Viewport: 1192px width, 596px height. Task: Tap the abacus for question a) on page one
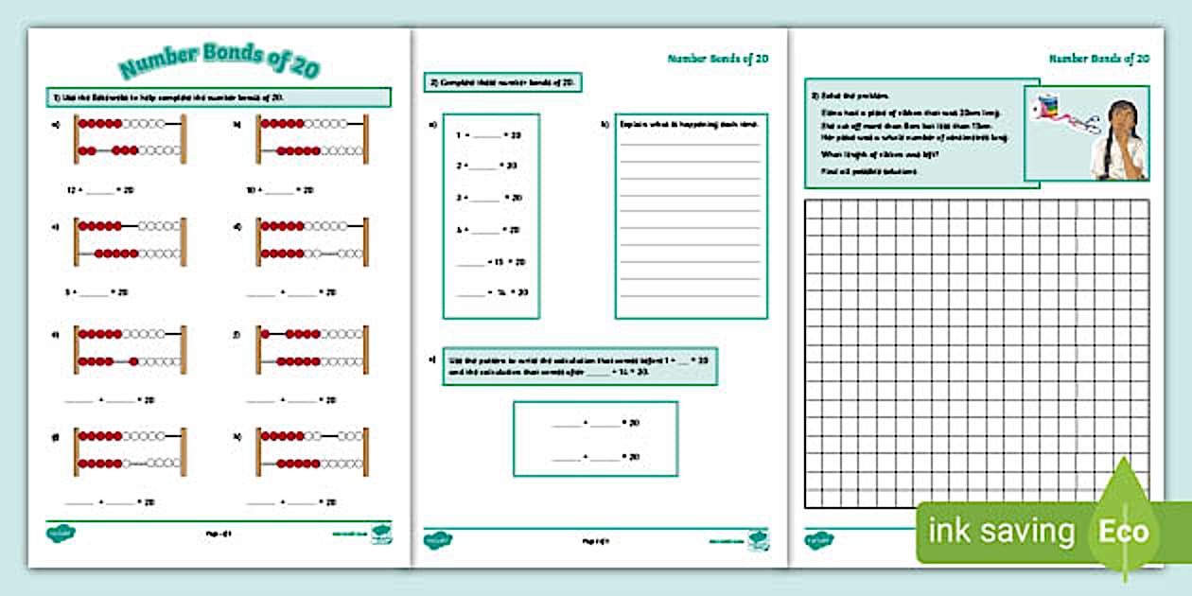[130, 138]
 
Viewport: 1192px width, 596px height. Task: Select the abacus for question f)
[311, 348]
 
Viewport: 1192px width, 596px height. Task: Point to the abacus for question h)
[311, 452]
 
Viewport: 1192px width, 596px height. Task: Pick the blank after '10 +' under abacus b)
[279, 190]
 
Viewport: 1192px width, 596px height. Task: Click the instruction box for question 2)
[501, 83]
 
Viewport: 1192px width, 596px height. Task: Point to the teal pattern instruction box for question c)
[579, 366]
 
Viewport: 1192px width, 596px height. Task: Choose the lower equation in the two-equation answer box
[595, 457]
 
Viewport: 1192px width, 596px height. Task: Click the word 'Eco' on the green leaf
[1124, 531]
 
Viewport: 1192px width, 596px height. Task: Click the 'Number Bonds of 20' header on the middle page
[717, 59]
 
